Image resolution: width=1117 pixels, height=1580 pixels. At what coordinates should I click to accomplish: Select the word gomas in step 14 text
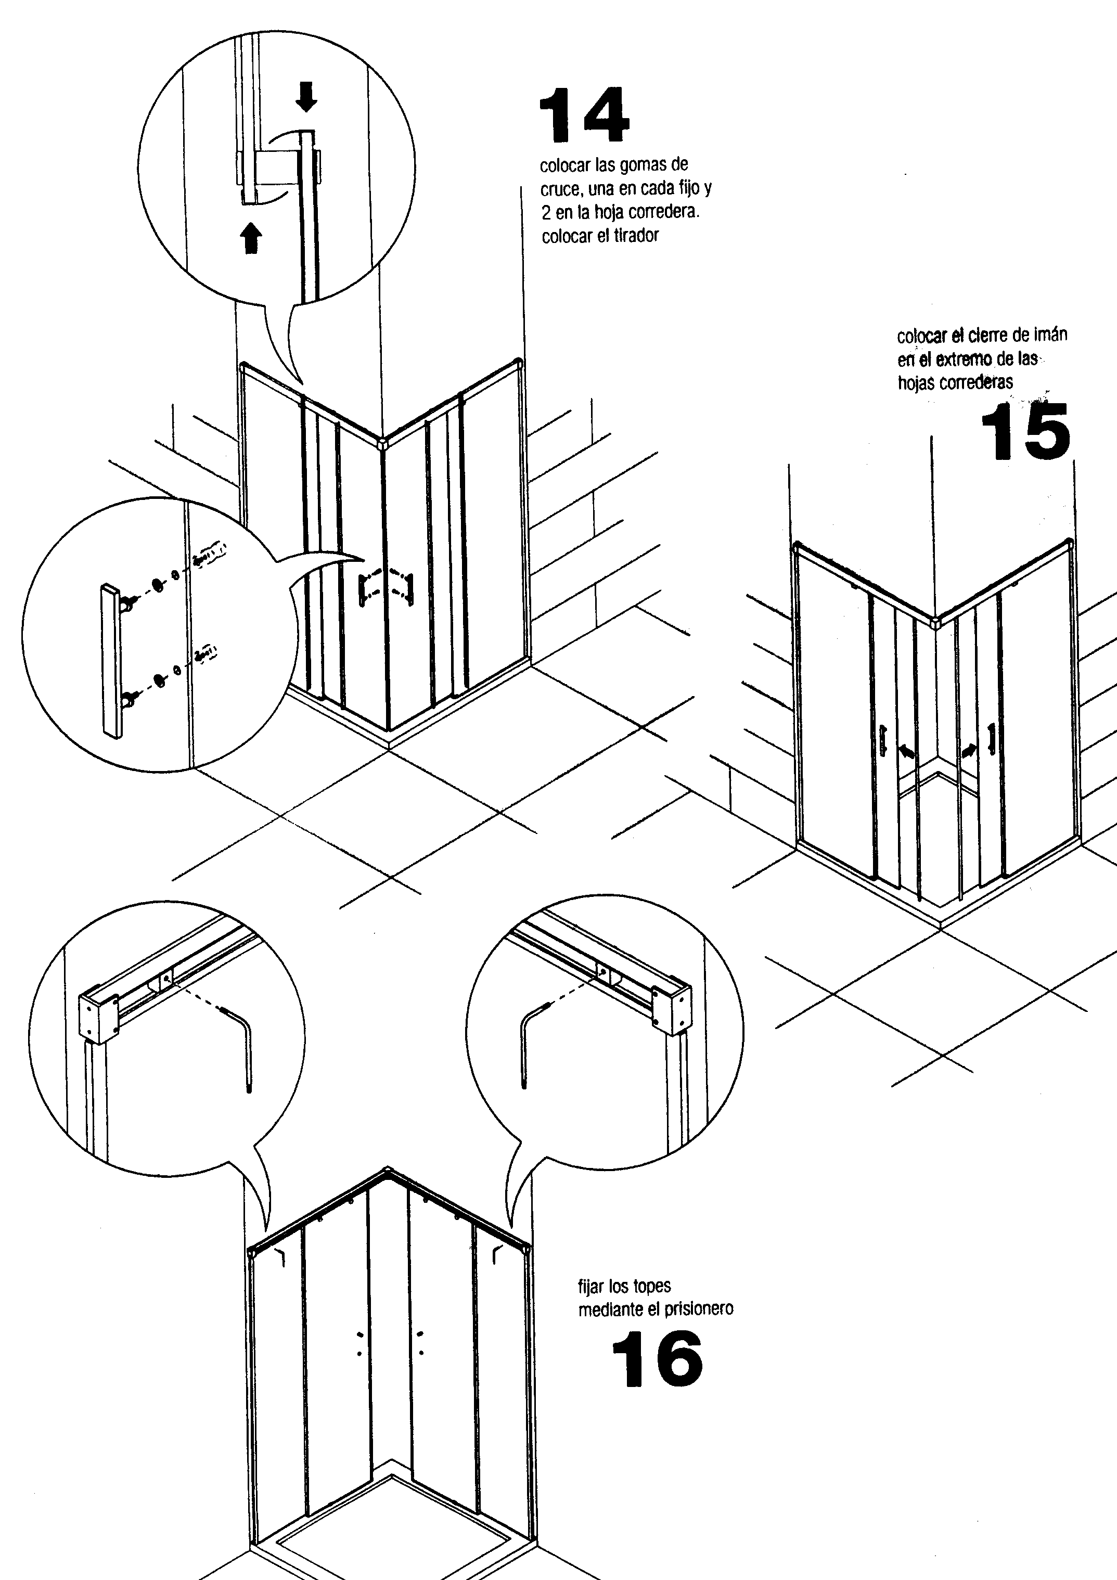click(x=644, y=165)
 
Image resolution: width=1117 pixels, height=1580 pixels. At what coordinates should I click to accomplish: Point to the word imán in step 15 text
click(x=1050, y=335)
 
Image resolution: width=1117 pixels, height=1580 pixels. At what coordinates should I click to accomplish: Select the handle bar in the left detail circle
click(x=111, y=661)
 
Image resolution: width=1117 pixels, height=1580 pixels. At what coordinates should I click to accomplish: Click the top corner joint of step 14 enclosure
click(x=383, y=441)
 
